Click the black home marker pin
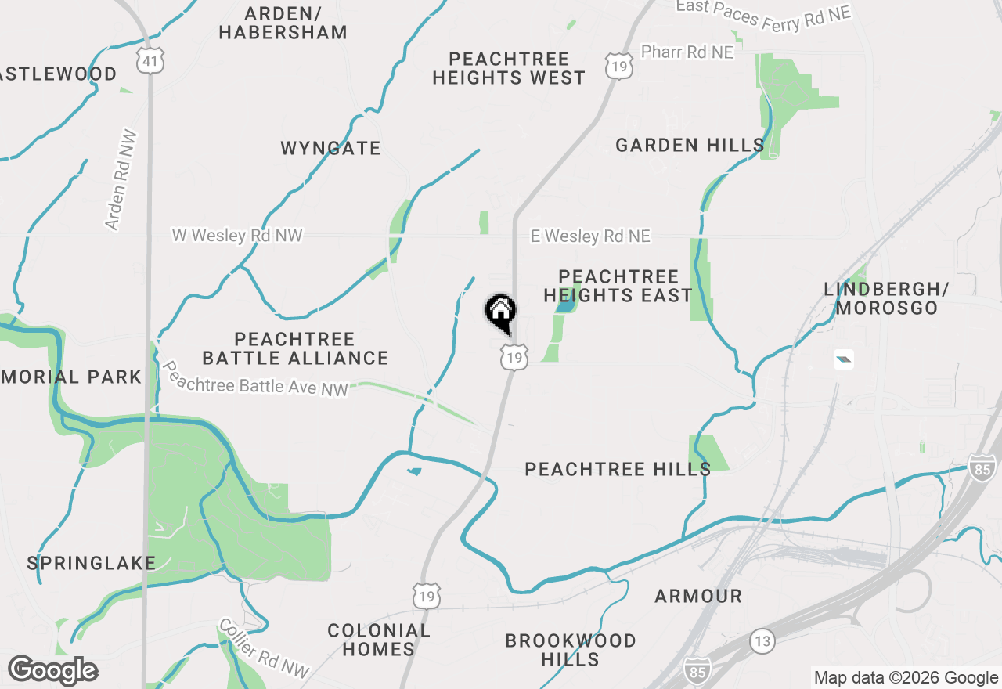pos(501,313)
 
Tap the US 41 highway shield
pos(148,60)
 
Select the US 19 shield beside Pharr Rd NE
pos(618,66)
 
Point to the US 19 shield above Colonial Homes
pos(427,594)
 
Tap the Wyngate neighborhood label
pos(330,148)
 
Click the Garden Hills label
pos(690,145)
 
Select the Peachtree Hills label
pos(618,469)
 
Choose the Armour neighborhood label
pos(698,596)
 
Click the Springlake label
pos(92,563)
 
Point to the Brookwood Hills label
pos(571,650)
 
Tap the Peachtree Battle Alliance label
pos(295,348)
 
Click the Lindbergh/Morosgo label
pos(886,298)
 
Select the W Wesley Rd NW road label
pos(237,235)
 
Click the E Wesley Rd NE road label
pos(590,236)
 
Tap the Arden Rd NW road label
pos(119,180)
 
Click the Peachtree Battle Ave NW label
pos(254,378)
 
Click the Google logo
pos(52,671)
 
